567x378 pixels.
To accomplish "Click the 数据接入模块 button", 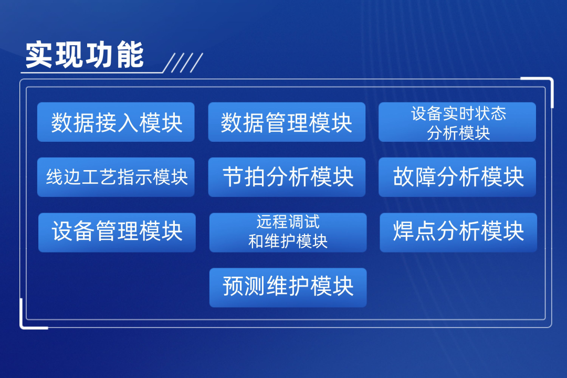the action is [x=115, y=122].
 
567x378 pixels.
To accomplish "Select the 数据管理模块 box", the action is [x=287, y=122].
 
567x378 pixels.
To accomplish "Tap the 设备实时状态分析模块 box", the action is [x=457, y=122].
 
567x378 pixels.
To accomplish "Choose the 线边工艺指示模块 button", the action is [x=115, y=177].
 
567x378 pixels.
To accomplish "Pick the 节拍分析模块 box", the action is [x=287, y=177].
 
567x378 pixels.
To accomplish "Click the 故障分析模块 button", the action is [x=457, y=177].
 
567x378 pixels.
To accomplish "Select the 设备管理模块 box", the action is [x=117, y=233].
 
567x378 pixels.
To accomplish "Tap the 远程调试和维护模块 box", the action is [x=288, y=233].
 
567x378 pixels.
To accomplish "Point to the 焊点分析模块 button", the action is [x=458, y=233].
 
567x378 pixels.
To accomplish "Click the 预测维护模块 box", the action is [x=288, y=288].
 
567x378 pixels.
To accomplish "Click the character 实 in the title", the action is [x=39, y=55].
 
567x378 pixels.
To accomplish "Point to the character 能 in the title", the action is [x=130, y=55].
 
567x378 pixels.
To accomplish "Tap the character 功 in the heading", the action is [x=100, y=55].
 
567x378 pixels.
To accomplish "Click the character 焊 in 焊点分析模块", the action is [x=404, y=231].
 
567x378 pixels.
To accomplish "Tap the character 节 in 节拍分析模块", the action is [x=233, y=177].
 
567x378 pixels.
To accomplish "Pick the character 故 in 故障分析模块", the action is [x=404, y=177].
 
